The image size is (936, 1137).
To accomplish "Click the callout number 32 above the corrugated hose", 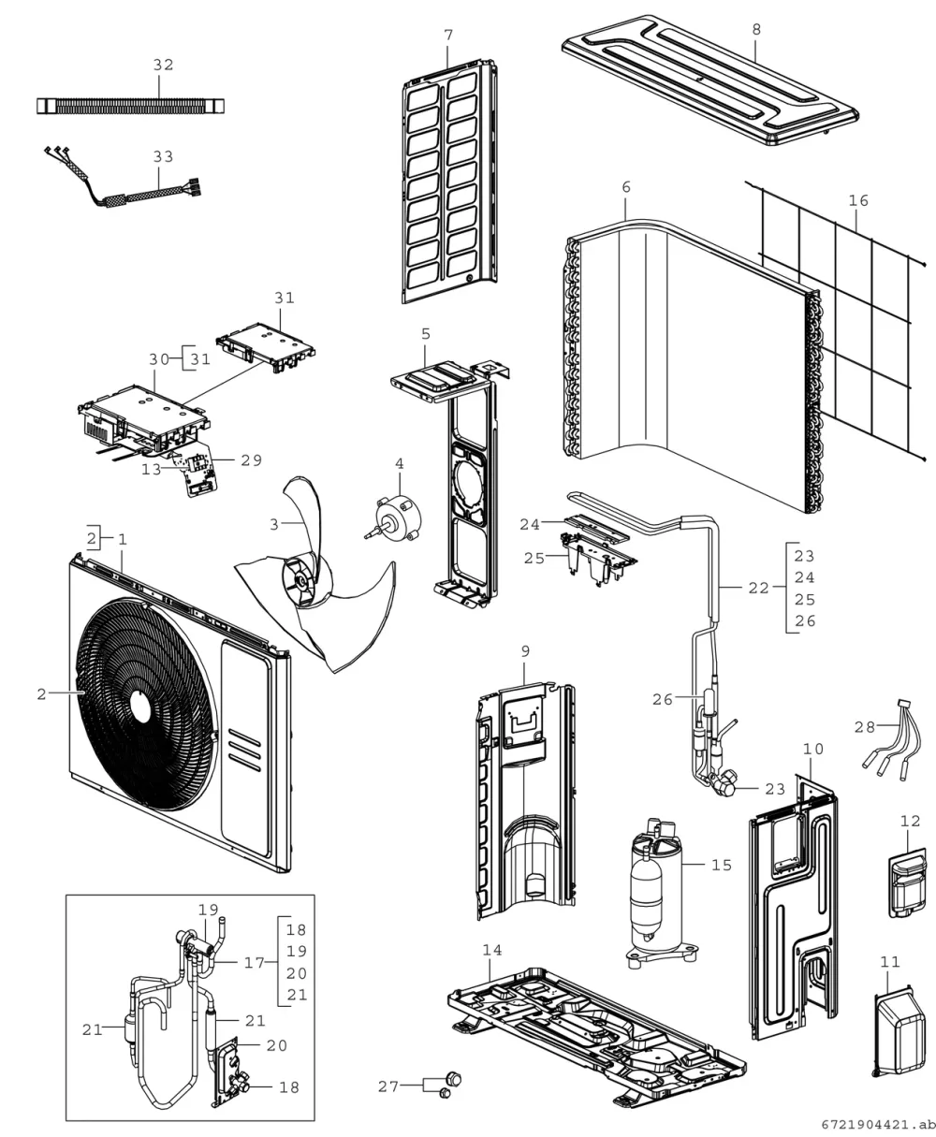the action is (164, 65).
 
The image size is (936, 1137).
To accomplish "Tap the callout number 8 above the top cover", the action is (756, 30).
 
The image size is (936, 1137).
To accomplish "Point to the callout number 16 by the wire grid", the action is (858, 200).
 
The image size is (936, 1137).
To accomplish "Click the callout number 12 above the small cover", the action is (910, 821).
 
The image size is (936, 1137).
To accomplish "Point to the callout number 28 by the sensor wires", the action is (864, 727).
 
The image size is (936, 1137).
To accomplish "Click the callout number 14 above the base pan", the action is (491, 950).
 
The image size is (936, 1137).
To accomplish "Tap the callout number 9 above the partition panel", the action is (525, 651).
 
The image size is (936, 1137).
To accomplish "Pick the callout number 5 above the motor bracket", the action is (426, 334).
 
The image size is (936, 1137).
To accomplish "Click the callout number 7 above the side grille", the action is (448, 35).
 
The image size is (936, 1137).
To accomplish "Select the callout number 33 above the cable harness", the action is (164, 157).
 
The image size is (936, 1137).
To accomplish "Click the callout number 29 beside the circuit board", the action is (251, 460).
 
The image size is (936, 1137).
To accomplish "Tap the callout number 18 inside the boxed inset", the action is (289, 1088).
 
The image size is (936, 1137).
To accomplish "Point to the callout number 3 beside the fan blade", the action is (274, 524).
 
